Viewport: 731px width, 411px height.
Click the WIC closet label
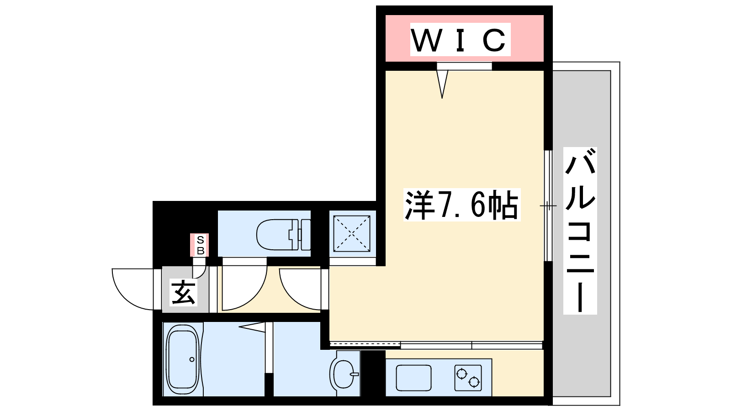point(460,40)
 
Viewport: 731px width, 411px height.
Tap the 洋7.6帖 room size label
point(461,205)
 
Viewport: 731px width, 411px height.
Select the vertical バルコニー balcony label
point(580,231)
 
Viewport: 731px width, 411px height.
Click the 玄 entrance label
point(183,293)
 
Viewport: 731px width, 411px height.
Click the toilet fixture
point(283,235)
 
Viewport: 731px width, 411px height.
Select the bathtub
point(183,359)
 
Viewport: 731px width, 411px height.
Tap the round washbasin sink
point(344,374)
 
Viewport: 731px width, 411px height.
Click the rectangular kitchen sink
point(413,378)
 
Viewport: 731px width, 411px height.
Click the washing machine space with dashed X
point(351,233)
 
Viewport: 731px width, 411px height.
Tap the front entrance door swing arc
point(126,297)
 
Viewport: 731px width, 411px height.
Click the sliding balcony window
point(548,206)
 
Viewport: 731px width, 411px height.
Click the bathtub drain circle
point(192,359)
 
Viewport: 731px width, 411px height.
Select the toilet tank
point(306,235)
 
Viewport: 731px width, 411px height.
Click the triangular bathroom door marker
point(252,327)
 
